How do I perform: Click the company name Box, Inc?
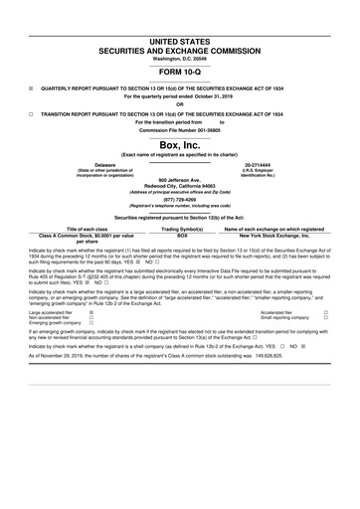179,144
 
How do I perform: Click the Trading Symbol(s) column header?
181,228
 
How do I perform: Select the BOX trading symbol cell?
181,235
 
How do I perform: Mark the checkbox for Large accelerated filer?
91,311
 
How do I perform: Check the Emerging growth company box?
91,323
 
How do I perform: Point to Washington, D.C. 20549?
179,55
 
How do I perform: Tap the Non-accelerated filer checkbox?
91,317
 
